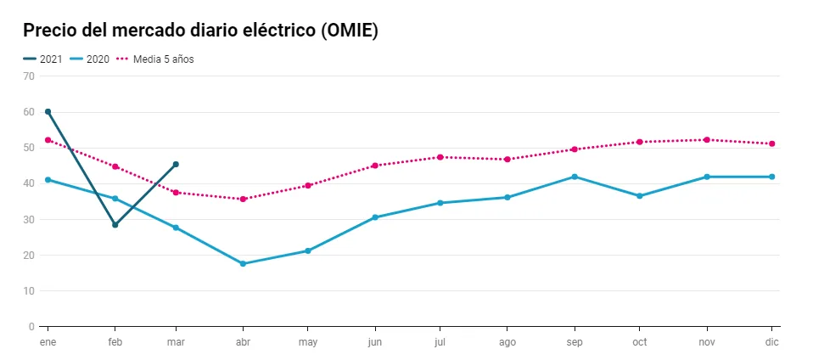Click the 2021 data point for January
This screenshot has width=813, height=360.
tap(48, 111)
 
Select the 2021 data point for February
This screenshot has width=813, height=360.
tap(115, 225)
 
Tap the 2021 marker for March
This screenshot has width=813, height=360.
tap(176, 165)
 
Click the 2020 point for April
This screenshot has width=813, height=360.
tap(243, 263)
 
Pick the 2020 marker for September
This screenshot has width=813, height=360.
tap(575, 177)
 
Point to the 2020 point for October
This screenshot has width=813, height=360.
tap(639, 195)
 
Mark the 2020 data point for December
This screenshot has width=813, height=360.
tap(772, 177)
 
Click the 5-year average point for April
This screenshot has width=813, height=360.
tap(243, 200)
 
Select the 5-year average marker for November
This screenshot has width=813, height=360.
tap(706, 139)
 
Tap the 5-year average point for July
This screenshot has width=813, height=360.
tap(440, 157)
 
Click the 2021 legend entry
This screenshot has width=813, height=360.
tap(42, 59)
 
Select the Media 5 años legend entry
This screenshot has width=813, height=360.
tap(155, 59)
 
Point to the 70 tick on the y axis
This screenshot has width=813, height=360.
tap(29, 76)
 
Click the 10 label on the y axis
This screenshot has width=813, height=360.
tap(29, 291)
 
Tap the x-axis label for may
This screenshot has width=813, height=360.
tap(308, 342)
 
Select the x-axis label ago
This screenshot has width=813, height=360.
tap(507, 342)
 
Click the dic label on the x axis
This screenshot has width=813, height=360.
tap(772, 342)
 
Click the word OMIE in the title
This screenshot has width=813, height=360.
tap(349, 31)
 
